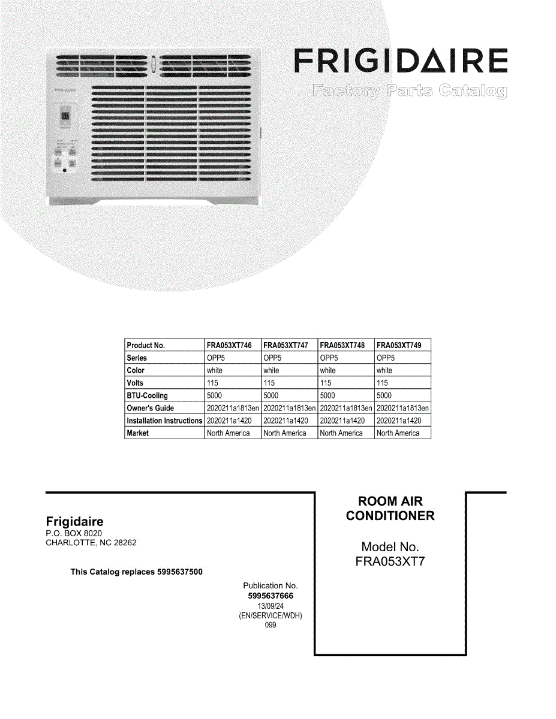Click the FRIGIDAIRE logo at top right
coord(401,61)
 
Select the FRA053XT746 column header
coord(229,345)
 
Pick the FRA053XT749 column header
coord(399,345)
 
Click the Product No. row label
coord(146,345)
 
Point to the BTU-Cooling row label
coord(148,395)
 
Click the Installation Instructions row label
coord(164,421)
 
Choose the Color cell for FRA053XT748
coord(328,370)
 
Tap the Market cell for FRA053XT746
coord(228,433)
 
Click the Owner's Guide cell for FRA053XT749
coord(402,408)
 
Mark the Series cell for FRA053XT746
coord(216,358)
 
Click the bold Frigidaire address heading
coord(74,521)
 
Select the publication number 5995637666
coord(271,596)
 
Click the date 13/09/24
coord(271,606)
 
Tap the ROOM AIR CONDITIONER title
coord(390,508)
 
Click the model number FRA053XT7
coord(390,562)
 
